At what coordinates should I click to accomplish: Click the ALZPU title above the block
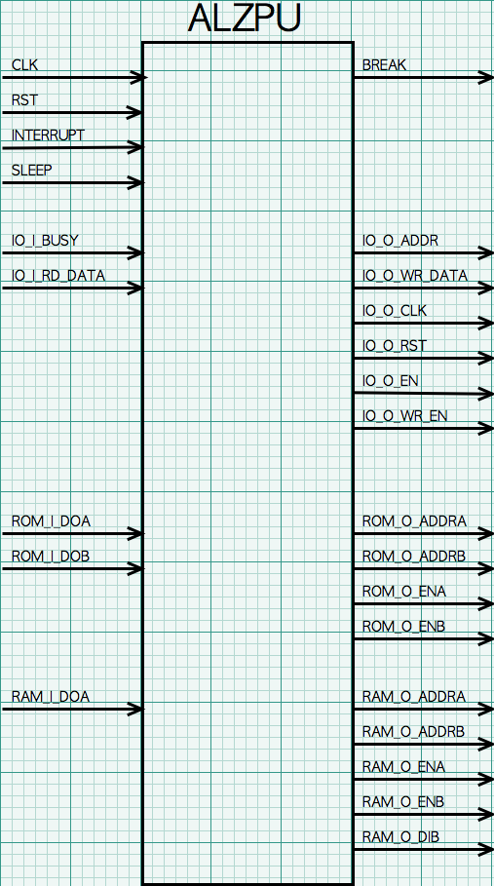click(244, 19)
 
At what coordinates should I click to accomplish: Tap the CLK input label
click(24, 65)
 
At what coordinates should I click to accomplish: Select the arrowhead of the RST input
click(133, 112)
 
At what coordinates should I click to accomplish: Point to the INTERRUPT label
click(48, 135)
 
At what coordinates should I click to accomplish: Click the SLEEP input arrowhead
click(135, 182)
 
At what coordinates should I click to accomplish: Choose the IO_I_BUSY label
click(45, 241)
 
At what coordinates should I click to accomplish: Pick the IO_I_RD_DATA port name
click(58, 276)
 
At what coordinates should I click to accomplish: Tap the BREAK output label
click(384, 65)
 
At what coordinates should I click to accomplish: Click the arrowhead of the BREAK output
click(485, 77)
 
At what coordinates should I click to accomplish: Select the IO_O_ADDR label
click(400, 241)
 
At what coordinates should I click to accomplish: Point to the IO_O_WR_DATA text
click(415, 276)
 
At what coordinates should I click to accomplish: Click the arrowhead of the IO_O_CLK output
click(485, 324)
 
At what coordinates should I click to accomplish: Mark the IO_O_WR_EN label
click(404, 416)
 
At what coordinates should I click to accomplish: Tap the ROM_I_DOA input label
click(51, 521)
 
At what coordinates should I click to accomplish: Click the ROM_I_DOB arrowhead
click(135, 568)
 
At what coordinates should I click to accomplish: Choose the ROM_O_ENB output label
click(403, 626)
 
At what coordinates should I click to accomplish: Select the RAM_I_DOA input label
click(51, 697)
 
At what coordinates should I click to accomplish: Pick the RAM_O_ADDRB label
click(414, 732)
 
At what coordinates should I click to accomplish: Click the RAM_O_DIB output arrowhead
click(485, 849)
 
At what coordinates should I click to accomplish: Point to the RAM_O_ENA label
click(403, 767)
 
